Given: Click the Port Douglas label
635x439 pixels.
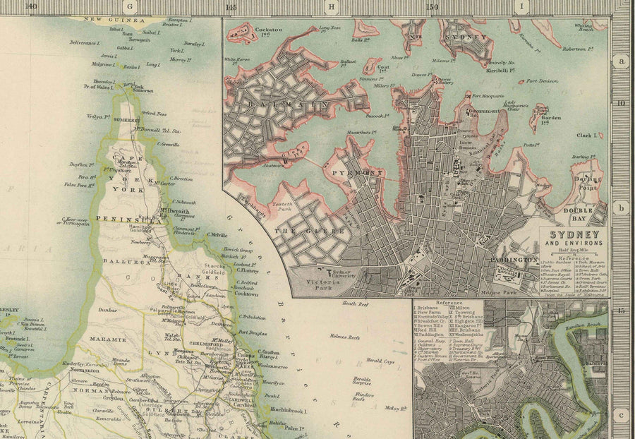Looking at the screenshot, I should (x=254, y=332).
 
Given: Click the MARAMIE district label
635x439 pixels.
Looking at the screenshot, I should (x=107, y=339).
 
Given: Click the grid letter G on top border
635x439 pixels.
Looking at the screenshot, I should (x=129, y=7).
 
